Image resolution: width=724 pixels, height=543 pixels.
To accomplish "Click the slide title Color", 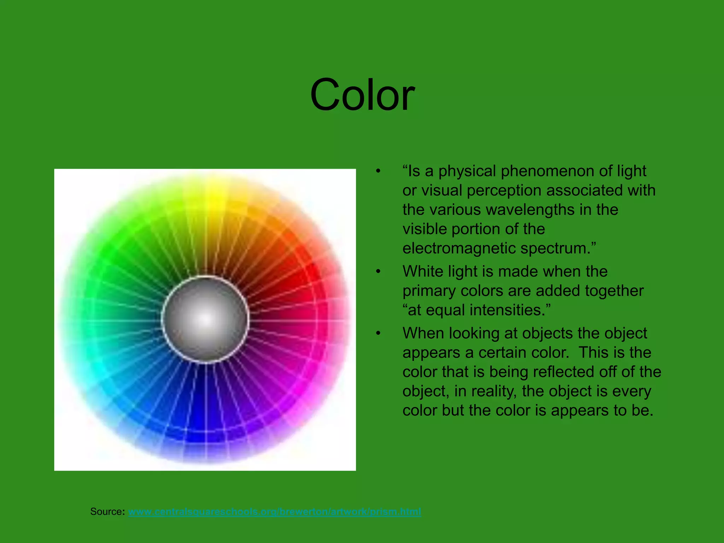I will click(362, 95).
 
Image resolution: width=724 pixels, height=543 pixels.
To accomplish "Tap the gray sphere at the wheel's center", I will click(205, 319).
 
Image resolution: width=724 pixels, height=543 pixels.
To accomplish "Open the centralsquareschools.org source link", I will click(274, 512).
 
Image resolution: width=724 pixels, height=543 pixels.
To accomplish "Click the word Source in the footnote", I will click(107, 512).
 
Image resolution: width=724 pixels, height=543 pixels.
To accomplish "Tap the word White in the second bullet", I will click(422, 272).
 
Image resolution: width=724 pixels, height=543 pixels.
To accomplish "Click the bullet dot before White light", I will click(378, 272).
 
